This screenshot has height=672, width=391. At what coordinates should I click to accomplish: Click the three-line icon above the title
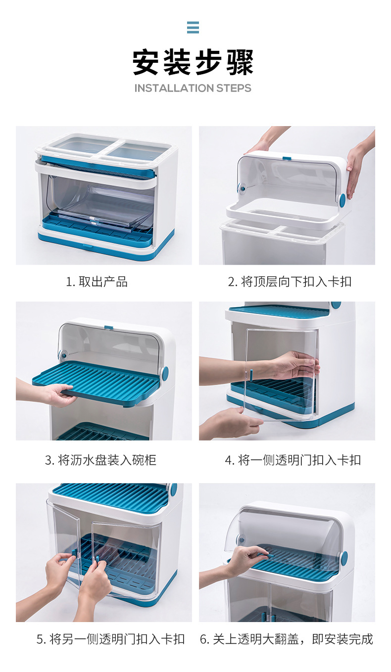193,27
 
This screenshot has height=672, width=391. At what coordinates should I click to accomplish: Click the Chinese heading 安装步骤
193,62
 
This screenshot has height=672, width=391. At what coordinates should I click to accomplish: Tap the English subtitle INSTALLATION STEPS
193,88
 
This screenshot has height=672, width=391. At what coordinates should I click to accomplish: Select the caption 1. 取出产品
97,282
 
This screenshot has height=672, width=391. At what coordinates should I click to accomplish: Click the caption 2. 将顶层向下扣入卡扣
290,282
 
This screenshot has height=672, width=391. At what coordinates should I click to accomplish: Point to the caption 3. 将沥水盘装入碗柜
100,460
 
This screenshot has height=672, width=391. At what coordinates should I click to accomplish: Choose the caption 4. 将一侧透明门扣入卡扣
293,460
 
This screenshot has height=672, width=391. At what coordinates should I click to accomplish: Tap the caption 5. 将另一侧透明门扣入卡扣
110,639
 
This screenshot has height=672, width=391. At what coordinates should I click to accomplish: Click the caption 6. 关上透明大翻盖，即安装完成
286,639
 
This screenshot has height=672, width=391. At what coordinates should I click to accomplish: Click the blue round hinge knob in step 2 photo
342,199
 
